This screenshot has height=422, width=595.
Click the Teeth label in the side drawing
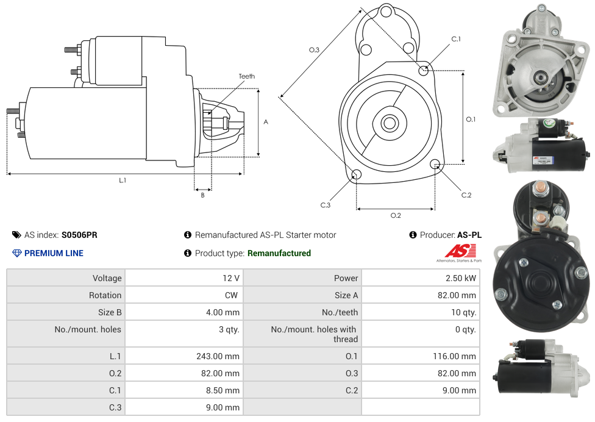coord(246,76)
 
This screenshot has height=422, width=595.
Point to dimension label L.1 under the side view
coord(123,181)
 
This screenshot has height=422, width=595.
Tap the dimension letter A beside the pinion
coord(266,122)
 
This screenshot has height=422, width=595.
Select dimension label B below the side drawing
coord(203,195)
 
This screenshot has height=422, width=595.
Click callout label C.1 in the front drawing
coord(455,39)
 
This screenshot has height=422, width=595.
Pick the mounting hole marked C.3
coord(357,176)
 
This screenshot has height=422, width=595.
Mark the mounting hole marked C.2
coord(435,164)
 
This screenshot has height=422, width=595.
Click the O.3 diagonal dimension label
coord(314,50)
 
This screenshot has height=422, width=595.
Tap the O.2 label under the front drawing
coord(396,215)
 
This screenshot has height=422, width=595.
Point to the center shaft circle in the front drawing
coord(389,123)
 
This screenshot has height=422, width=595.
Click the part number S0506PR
coord(79,235)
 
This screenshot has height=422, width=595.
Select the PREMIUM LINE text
coord(54,253)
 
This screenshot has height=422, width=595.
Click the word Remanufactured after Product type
coord(279,253)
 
